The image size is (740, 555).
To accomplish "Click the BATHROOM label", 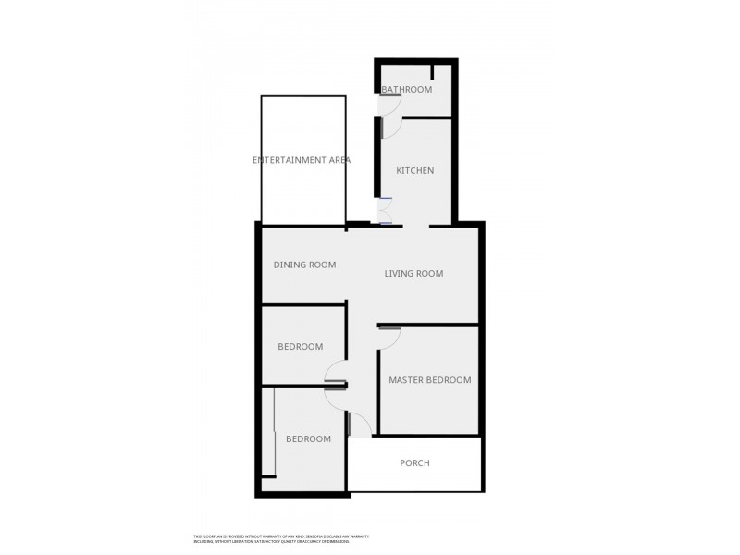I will coord(407,90).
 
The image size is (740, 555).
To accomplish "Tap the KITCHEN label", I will coord(414,171).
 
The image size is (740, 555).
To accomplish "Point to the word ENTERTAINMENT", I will coord(287,160).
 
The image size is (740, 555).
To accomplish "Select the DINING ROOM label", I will coord(304,265).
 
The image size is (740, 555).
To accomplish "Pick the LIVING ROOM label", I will coord(413,274).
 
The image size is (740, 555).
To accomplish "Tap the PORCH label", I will coord(414,463).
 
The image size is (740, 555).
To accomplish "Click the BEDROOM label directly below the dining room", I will coord(301,347).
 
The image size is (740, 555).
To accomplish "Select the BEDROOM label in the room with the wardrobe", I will coord(308,439).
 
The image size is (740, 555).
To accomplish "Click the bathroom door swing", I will coord(389,127).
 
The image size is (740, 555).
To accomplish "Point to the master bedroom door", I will coord(388,337).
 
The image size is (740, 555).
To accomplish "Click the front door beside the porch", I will coord(360,425).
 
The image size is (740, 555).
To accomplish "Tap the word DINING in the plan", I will coord(290,265).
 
